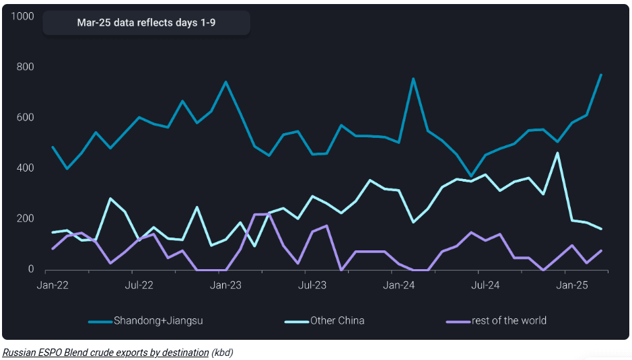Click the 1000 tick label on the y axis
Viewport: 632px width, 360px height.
23,16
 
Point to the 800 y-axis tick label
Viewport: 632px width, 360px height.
26,67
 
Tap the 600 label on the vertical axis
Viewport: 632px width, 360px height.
26,118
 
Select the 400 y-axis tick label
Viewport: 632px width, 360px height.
26,168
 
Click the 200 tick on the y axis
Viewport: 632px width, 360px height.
26,219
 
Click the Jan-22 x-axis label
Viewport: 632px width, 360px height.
52,285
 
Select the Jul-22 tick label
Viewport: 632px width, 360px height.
139,285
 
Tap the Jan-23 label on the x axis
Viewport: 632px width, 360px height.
225,285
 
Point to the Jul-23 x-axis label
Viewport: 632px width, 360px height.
312,285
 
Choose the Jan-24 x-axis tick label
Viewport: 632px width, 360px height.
399,285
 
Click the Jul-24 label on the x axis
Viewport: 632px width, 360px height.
485,285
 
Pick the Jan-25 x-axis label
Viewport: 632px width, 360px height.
572,285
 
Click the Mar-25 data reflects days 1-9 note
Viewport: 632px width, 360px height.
146,22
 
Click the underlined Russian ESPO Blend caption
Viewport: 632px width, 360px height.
105,353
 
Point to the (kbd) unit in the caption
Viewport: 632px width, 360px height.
222,353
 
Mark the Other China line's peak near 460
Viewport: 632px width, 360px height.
557,153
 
